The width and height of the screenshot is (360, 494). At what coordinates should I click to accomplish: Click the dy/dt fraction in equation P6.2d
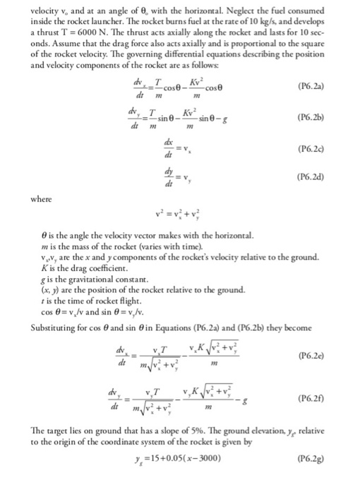167,177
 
